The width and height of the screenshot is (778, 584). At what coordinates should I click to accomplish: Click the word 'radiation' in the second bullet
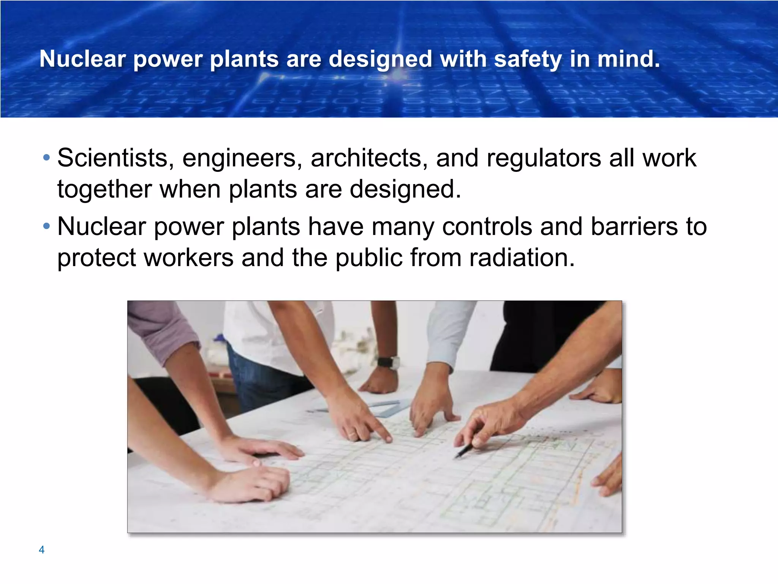tap(522, 257)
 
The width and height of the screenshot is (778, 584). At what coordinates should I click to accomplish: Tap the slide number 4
tap(42, 549)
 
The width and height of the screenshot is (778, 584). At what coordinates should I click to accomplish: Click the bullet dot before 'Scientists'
tap(46, 157)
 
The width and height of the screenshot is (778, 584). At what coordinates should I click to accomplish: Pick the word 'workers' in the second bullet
tap(189, 257)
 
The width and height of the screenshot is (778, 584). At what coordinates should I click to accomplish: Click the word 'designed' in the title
tap(380, 59)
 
